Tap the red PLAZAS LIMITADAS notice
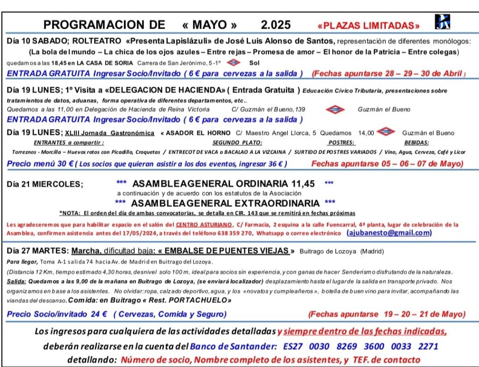point(369,25)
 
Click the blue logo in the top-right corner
point(442,22)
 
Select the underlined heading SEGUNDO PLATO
point(237,143)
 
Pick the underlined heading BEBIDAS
point(416,143)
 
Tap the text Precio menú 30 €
point(39,164)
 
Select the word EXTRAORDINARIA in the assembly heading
point(280,203)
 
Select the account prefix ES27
point(295,347)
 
